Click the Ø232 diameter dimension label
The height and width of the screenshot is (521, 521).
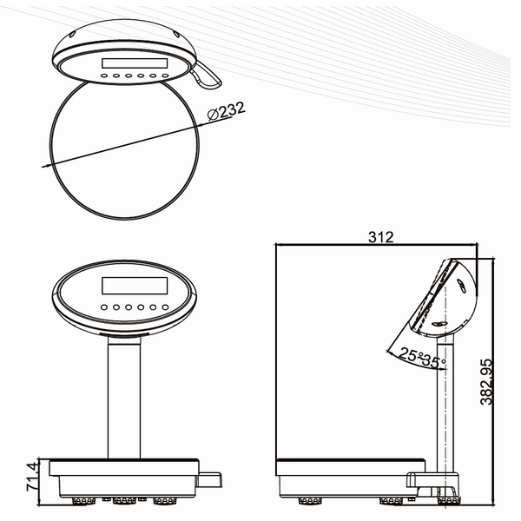click(226, 110)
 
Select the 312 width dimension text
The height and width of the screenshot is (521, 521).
click(381, 237)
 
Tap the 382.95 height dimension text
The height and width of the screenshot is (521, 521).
click(486, 382)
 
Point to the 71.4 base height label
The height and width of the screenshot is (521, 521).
click(33, 477)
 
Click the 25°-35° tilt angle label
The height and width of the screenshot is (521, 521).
click(423, 358)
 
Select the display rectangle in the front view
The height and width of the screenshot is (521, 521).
click(135, 286)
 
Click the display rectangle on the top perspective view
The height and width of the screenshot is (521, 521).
click(135, 63)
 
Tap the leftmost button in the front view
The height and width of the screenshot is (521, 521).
click(104, 307)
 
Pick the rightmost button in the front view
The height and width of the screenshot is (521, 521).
click(165, 307)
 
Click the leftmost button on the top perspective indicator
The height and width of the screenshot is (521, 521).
click(104, 76)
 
